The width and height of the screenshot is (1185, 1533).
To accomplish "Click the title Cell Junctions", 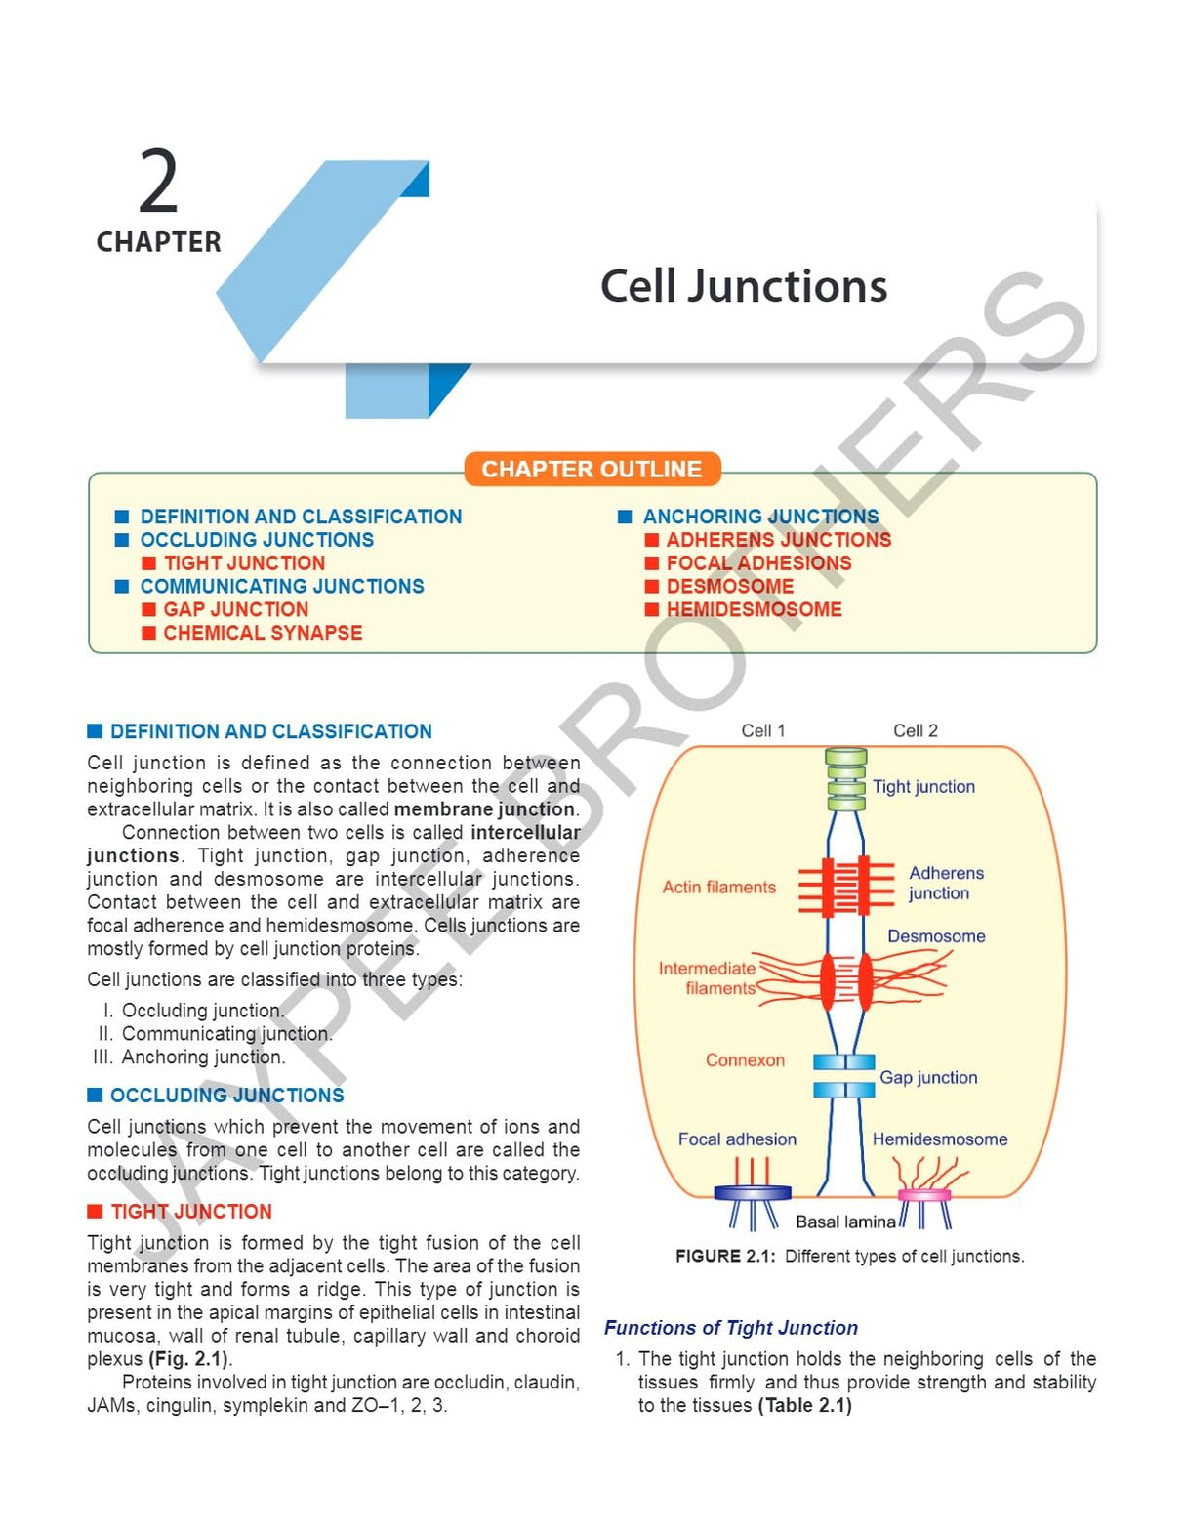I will coord(743,286).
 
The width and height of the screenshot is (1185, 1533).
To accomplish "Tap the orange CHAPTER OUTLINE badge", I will coord(592,469).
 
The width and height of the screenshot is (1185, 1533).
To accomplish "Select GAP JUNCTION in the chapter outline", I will coord(235,609).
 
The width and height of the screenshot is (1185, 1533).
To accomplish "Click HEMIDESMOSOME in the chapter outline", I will coord(754,609).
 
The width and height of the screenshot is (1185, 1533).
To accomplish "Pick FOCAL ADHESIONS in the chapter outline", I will coord(758,563).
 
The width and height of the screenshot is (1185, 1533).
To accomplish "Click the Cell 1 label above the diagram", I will coord(762,730).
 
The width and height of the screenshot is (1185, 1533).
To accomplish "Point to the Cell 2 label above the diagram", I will coord(915,730).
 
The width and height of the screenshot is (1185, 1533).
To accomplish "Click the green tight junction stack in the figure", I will coord(845,779).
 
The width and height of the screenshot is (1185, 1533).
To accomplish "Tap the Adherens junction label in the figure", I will coord(945,883).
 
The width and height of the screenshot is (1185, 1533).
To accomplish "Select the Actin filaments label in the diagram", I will coord(718,887).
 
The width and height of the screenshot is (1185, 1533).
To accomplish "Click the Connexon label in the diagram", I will coord(745,1060).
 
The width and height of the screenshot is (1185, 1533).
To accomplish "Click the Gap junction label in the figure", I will coord(927,1077).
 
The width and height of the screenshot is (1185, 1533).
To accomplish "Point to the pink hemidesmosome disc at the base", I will coord(923,1194).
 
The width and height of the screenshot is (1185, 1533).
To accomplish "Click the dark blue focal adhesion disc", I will coord(753,1192).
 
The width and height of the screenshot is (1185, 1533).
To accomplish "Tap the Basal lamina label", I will coord(844,1222).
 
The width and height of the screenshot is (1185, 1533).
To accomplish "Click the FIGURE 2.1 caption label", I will coord(724,1256).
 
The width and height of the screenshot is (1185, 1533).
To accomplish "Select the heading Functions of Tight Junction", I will coord(730,1328).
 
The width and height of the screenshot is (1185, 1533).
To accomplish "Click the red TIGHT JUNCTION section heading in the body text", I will coord(190,1212).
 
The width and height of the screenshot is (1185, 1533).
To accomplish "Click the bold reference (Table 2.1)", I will coord(804,1405).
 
